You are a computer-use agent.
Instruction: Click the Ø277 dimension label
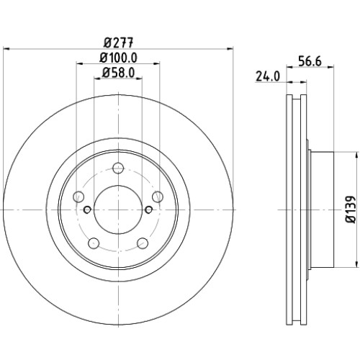118,42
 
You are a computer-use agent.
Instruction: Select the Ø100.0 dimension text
118,58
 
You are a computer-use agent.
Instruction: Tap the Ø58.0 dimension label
118,73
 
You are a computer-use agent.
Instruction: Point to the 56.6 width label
310,61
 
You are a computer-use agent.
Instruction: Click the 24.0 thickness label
268,76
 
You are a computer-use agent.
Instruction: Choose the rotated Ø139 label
351,210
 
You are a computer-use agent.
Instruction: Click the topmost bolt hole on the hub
118,168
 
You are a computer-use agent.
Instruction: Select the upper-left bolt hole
78,197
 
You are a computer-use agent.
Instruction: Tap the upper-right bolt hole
158,197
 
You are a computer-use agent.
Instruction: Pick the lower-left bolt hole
94,243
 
